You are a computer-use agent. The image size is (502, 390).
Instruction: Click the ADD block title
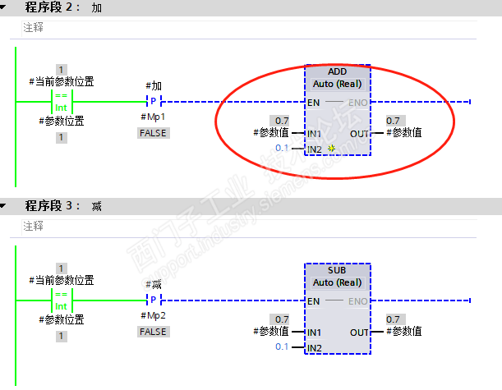[338, 71]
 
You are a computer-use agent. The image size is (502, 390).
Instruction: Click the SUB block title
[338, 270]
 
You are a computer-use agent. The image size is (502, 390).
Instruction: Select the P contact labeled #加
[154, 102]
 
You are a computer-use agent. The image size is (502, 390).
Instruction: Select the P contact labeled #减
[154, 301]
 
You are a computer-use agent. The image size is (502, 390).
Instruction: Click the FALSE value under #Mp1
[154, 132]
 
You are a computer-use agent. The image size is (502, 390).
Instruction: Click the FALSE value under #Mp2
[154, 331]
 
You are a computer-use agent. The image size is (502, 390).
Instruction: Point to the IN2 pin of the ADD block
[313, 149]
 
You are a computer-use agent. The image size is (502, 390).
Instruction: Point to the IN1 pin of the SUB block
[313, 332]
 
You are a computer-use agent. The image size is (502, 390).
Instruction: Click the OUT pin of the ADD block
[360, 133]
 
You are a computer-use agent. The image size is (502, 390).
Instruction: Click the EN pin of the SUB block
[313, 301]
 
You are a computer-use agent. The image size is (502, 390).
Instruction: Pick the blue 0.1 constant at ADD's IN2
[282, 148]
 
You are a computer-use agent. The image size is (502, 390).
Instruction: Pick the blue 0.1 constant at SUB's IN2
[282, 347]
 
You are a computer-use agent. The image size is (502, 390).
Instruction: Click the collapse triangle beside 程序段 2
[6, 7]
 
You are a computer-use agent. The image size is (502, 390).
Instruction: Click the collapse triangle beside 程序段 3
[6, 205]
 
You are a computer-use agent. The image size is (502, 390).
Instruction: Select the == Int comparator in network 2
[62, 102]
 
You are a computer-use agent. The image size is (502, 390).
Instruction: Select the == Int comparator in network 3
[62, 301]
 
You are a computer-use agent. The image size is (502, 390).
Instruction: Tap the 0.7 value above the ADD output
[394, 120]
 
